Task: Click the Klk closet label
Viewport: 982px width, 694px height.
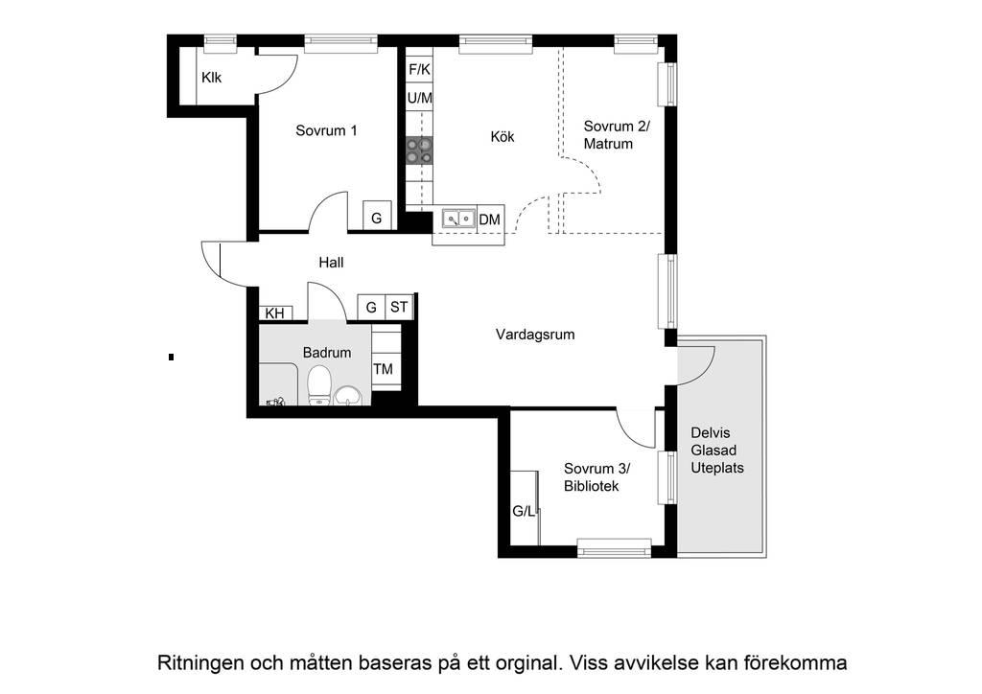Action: pos(212,78)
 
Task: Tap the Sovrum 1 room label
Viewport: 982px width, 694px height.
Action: pos(326,130)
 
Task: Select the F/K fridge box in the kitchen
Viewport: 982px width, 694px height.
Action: pos(420,69)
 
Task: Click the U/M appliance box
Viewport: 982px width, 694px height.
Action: pos(420,98)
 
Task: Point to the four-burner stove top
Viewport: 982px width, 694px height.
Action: pos(420,150)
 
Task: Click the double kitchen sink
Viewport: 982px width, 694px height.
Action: pos(459,219)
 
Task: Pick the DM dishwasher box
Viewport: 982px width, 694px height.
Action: pos(490,219)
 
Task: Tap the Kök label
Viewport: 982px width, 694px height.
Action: pos(503,136)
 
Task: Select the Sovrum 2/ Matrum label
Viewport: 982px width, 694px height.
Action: pos(617,135)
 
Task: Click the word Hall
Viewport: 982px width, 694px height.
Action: pos(331,263)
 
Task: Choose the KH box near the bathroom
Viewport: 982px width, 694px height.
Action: pos(275,313)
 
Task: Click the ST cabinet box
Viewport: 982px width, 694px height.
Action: pos(399,307)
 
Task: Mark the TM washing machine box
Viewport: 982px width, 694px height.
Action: pos(384,369)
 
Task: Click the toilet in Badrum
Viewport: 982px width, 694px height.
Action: pos(319,385)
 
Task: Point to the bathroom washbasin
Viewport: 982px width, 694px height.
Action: pos(347,396)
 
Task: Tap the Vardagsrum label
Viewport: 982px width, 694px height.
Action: pos(535,335)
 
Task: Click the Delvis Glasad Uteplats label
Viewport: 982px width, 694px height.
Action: pos(717,451)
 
